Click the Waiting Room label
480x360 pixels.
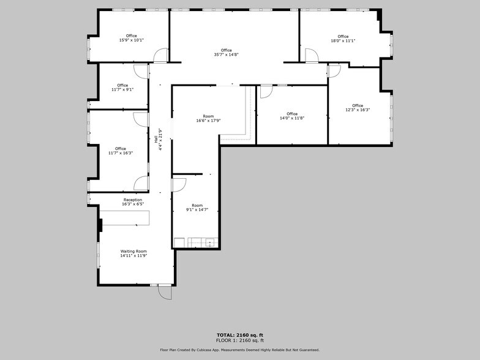point(133,251)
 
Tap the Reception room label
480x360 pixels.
point(133,200)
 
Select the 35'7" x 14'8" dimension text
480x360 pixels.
point(227,54)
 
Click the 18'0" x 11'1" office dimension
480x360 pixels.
point(343,40)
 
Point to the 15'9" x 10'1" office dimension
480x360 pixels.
point(131,40)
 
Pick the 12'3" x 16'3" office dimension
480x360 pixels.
point(358,110)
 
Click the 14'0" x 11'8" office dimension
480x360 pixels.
point(292,118)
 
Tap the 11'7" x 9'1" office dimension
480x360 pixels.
point(122,89)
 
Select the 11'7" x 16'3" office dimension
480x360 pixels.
point(121,152)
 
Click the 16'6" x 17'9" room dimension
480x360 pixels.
point(208,121)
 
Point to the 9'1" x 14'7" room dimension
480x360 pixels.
point(197,209)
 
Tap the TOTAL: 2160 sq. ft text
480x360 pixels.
point(239,334)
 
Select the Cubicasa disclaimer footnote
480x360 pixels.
point(239,350)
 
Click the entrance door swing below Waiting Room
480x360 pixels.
point(165,293)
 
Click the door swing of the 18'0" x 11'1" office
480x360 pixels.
point(311,56)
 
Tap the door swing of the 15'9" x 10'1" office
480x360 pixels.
point(160,56)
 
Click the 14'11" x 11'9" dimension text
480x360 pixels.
point(133,255)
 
